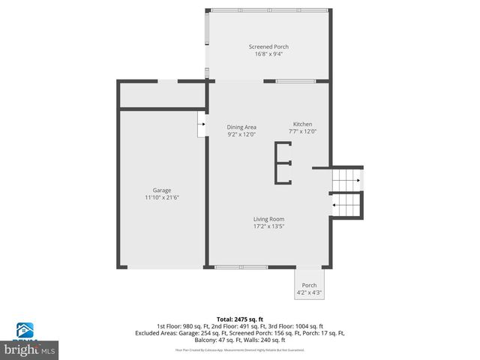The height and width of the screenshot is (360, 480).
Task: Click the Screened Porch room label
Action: pyautogui.click(x=268, y=46)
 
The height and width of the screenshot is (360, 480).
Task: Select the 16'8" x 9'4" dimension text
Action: pyautogui.click(x=268, y=54)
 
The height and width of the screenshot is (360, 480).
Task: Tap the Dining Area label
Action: pyautogui.click(x=241, y=127)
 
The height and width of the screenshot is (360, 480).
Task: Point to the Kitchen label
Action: pyautogui.click(x=302, y=124)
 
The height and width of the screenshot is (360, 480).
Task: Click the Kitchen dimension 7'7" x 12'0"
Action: pyautogui.click(x=302, y=132)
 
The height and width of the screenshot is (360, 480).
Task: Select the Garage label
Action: pyautogui.click(x=162, y=190)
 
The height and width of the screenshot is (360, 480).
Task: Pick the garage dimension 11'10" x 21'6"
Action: pyautogui.click(x=162, y=197)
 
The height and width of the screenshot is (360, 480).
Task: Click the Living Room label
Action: pyautogui.click(x=268, y=219)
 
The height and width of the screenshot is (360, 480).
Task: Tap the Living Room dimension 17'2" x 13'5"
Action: pyautogui.click(x=268, y=226)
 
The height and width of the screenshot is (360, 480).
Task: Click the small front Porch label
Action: pyautogui.click(x=309, y=286)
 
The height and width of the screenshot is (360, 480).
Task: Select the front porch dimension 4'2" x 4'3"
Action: pyautogui.click(x=309, y=293)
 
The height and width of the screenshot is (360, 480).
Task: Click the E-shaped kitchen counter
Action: pyautogui.click(x=283, y=163)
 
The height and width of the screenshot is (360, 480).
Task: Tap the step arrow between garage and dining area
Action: pyautogui.click(x=202, y=124)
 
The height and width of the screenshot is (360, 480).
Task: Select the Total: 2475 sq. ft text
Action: pyautogui.click(x=240, y=319)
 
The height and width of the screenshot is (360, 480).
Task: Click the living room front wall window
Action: pyautogui.click(x=240, y=267)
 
